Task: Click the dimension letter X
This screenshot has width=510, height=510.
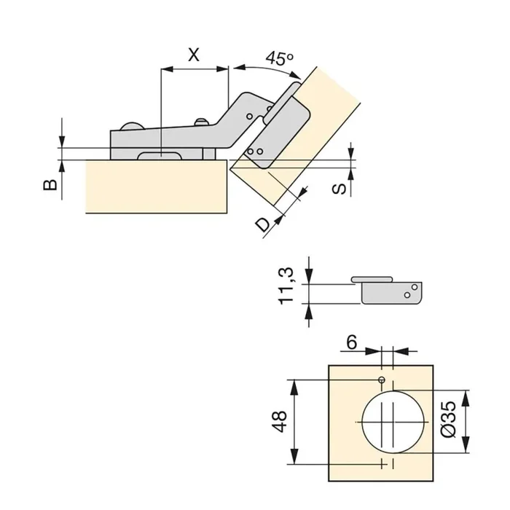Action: coord(192,53)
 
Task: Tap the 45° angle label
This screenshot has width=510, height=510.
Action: coord(278,58)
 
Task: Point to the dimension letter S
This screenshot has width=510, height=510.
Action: coord(339,189)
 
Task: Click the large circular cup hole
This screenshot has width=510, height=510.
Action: coord(391,422)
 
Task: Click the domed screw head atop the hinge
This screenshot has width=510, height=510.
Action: coord(132,126)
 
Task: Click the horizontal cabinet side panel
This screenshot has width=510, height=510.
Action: coord(157,187)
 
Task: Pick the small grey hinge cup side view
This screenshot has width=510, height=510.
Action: coord(390,291)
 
